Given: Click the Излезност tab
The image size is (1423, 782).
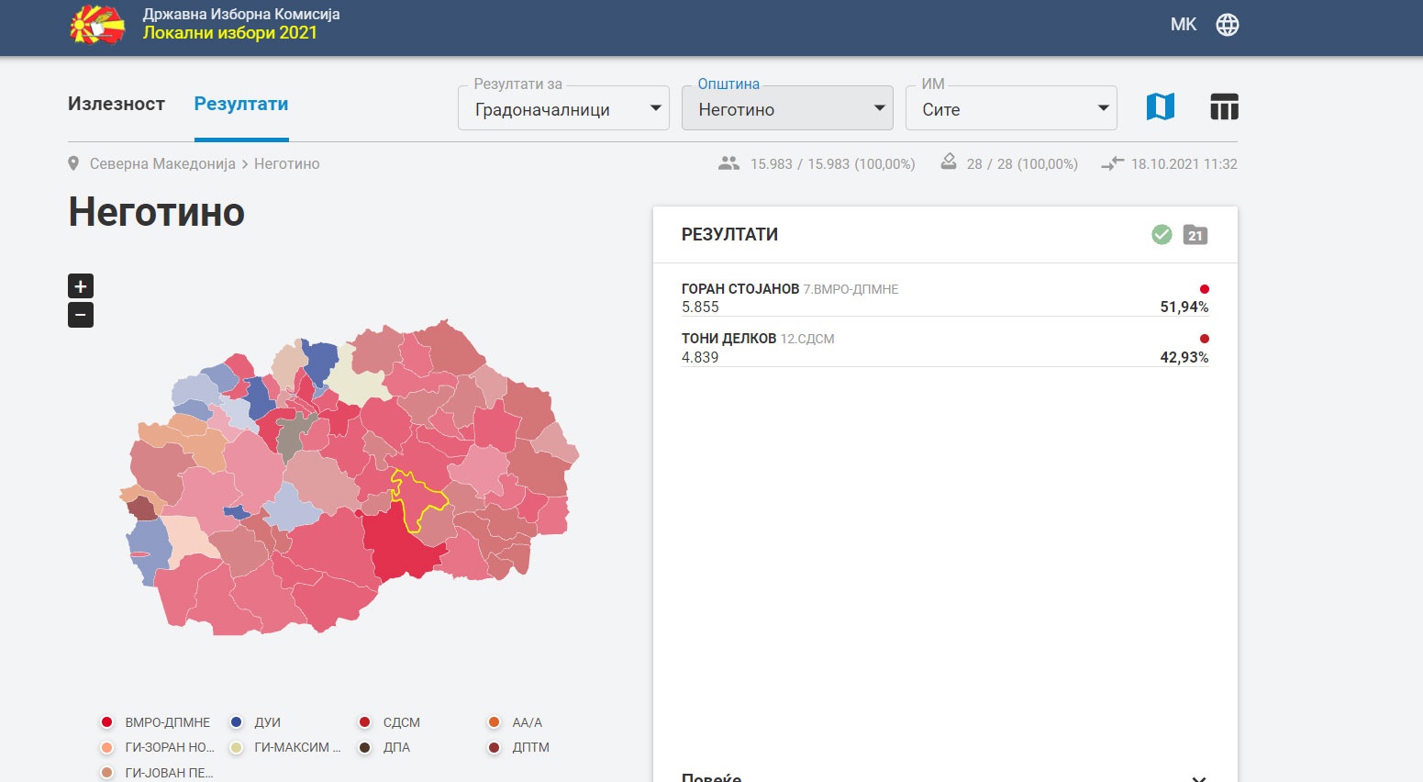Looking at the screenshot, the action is point(117,104).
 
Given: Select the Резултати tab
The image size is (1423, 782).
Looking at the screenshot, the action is point(240,104).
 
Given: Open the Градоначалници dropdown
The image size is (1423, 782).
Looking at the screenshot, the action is point(563,108).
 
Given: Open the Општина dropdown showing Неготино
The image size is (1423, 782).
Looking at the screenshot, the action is point(787,108).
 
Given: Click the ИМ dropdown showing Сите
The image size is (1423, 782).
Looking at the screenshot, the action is point(1011,108).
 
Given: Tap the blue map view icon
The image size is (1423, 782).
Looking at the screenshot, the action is point(1160,106).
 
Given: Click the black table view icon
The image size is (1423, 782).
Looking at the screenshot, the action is point(1224,106).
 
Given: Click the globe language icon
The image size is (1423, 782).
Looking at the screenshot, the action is point(1228,25).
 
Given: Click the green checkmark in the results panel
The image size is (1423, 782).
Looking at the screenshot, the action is point(1162,235).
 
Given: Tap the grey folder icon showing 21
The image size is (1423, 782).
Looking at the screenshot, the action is point(1195,235).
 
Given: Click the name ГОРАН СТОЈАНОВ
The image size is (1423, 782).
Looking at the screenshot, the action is point(740,288).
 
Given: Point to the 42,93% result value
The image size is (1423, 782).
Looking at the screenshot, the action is point(1184,357).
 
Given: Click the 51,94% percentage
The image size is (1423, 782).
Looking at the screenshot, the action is point(1184,307).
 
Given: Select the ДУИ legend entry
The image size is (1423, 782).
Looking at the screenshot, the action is point(255,722).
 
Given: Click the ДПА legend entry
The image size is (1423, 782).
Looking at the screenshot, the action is point(384,747).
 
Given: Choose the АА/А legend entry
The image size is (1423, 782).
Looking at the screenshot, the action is point(516,722).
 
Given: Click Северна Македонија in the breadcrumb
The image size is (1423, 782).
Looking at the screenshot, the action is point(162,164).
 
